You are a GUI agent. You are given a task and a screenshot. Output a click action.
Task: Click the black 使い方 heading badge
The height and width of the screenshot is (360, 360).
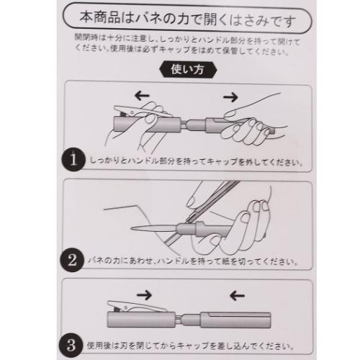click(x=188, y=70)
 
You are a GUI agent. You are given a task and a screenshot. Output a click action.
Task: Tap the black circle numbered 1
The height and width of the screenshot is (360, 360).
click(x=73, y=160)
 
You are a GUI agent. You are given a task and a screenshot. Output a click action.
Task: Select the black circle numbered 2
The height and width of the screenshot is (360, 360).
click(x=72, y=260)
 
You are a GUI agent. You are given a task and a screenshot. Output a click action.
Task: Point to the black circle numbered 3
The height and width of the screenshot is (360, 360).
click(x=71, y=346)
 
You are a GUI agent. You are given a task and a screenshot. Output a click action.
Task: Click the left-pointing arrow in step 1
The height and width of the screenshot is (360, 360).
click(x=142, y=96)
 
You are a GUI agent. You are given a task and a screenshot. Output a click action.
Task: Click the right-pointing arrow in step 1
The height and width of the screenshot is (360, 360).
click(x=230, y=97)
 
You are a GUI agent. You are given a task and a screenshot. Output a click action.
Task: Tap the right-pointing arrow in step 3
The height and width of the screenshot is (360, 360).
click(x=144, y=295)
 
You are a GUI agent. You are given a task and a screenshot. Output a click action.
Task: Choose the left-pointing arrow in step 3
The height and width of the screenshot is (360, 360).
click(x=237, y=296)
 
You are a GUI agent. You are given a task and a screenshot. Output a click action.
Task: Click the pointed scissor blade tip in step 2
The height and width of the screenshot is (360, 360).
click(x=132, y=228)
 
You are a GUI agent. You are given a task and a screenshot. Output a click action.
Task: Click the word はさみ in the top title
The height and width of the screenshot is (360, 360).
click(x=250, y=20)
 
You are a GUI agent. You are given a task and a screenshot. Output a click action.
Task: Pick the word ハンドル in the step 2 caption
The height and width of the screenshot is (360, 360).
click(x=174, y=261)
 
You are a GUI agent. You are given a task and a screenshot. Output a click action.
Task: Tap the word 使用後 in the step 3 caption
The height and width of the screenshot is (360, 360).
click(x=99, y=346)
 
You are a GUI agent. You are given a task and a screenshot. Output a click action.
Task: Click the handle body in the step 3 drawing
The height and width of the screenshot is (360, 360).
click(x=235, y=320)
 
